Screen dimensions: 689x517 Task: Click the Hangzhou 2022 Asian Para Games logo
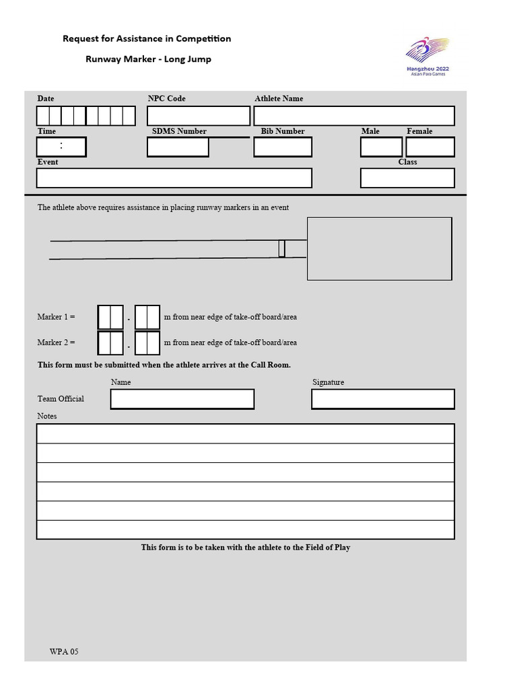pyautogui.click(x=427, y=57)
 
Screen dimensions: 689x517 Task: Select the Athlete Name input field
pyautogui.click(x=354, y=116)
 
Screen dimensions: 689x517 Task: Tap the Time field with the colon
pyautogui.click(x=61, y=147)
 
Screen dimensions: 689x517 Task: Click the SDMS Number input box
pyautogui.click(x=178, y=147)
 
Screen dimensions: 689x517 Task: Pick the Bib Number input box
pyautogui.click(x=283, y=147)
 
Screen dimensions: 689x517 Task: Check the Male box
pyautogui.click(x=381, y=147)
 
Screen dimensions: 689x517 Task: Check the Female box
pyautogui.click(x=430, y=147)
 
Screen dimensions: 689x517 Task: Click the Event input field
pyautogui.click(x=174, y=178)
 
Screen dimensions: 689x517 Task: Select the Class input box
pyautogui.click(x=407, y=178)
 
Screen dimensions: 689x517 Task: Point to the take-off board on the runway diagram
pyautogui.click(x=281, y=248)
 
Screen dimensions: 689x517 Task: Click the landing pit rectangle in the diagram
pyautogui.click(x=379, y=248)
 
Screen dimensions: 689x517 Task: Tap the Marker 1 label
pyautogui.click(x=56, y=317)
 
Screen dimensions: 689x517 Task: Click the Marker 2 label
pyautogui.click(x=56, y=342)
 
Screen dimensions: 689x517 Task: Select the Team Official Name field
pyautogui.click(x=182, y=399)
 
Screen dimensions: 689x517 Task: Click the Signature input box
pyautogui.click(x=382, y=399)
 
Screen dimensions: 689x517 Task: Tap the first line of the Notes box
pyautogui.click(x=245, y=433)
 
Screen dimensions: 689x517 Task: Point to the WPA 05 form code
pyautogui.click(x=64, y=651)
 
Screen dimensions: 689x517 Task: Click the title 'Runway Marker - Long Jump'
pyautogui.click(x=148, y=59)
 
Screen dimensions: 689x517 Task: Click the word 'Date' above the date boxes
pyautogui.click(x=46, y=98)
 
